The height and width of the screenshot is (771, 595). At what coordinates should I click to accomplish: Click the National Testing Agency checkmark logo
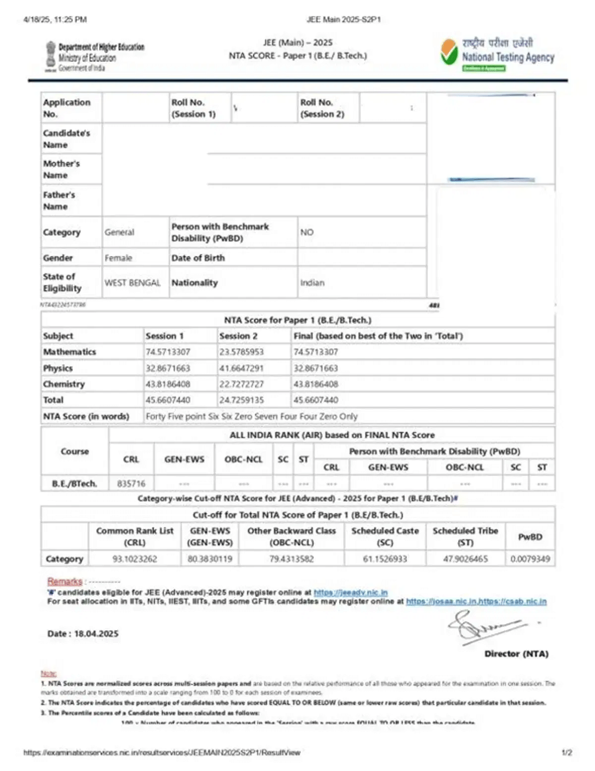pos(449,53)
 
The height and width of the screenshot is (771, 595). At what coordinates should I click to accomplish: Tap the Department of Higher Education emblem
pos(51,56)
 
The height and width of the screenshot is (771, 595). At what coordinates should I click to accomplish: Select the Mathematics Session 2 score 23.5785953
pos(241,352)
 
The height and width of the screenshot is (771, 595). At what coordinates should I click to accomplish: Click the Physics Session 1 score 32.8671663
pos(168,368)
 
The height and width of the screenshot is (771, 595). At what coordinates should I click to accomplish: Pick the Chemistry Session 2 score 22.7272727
pos(241,384)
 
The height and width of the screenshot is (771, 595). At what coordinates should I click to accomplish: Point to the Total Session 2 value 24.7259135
pos(241,400)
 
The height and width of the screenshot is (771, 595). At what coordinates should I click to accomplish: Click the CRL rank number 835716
pos(131,483)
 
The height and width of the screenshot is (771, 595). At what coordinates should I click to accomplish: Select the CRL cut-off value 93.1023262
pos(134,559)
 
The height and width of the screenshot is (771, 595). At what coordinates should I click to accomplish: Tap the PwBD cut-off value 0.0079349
pos(530,559)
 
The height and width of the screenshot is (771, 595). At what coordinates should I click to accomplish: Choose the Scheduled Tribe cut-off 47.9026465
pos(465,559)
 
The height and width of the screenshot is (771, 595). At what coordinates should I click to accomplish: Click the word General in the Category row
pos(119,232)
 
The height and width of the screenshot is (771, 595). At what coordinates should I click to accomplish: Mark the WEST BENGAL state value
pos(132,283)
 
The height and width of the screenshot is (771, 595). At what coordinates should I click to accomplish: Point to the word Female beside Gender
pos(119,258)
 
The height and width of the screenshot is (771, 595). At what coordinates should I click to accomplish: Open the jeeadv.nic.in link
pos(351,592)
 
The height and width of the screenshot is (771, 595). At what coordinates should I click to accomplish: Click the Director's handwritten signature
pos(483,626)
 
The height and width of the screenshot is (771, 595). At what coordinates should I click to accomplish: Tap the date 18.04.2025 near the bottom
pos(96,634)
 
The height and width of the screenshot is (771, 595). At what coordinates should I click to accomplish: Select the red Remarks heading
pos(64,581)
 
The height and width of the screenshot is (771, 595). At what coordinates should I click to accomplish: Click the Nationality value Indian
pos(312,283)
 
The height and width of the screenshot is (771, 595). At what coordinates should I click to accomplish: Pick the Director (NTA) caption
pos(516,654)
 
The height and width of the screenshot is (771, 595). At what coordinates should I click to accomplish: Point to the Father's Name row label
pos(59,200)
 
